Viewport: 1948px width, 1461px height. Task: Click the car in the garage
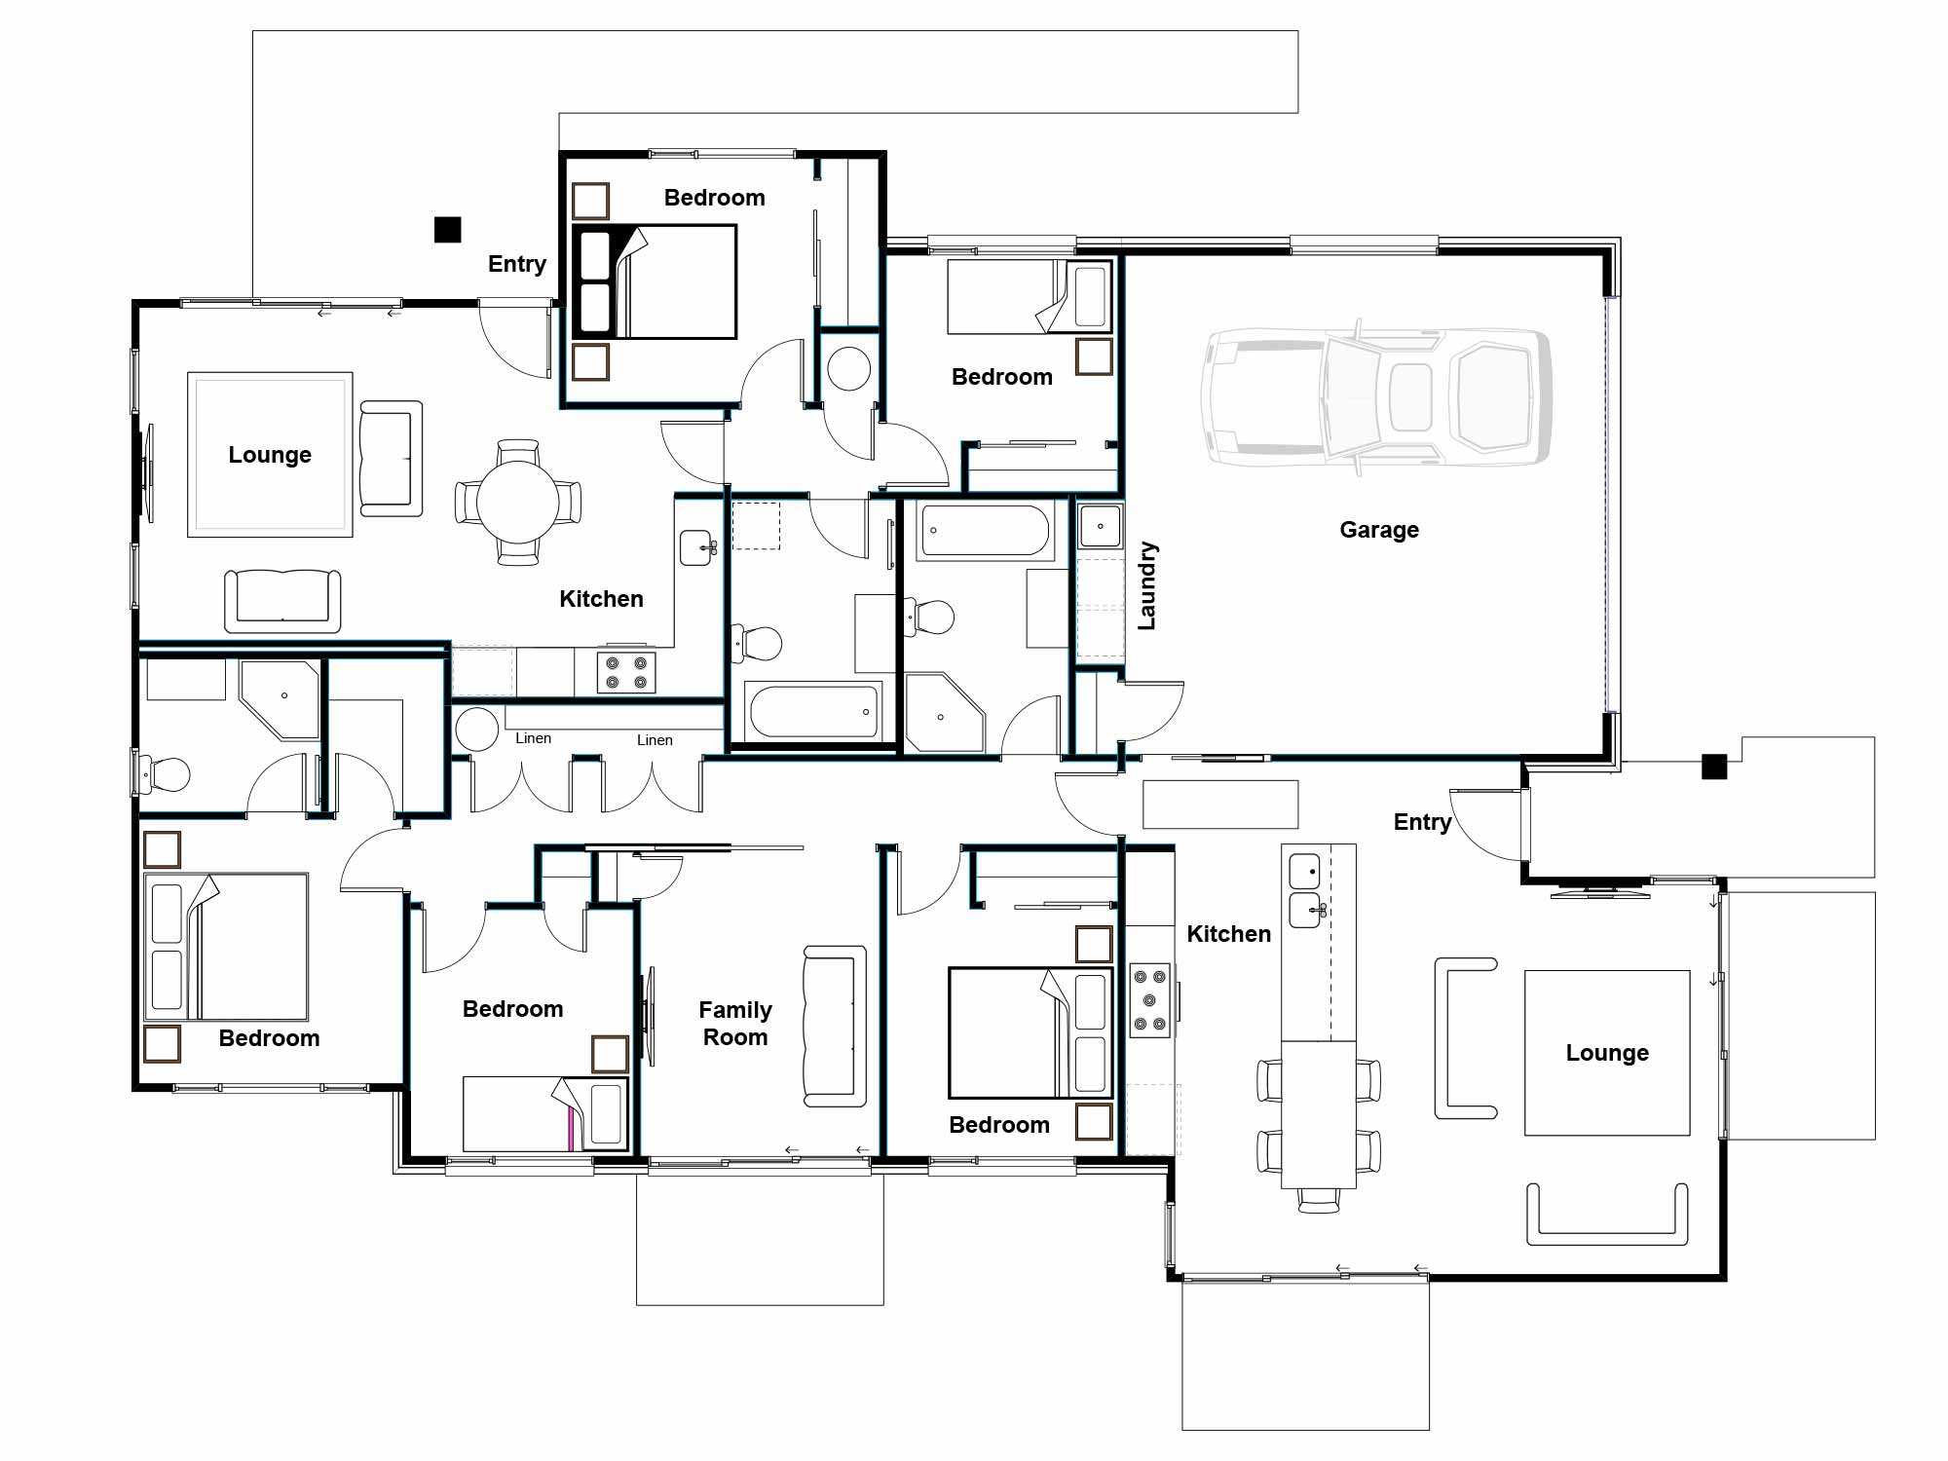tap(1375, 397)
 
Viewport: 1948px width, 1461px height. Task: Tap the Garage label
tap(1378, 530)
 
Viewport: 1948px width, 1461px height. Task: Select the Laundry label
tap(1147, 585)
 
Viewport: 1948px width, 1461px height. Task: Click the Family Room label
tap(735, 1024)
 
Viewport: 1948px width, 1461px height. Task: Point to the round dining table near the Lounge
tap(517, 503)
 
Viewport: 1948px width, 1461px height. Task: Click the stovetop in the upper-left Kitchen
tap(626, 672)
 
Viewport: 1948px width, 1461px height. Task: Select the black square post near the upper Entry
tap(447, 230)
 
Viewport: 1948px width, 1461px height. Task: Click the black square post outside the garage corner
tap(1714, 767)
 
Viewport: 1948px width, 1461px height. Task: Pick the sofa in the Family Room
tap(835, 1026)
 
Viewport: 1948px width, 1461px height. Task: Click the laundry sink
tap(1101, 527)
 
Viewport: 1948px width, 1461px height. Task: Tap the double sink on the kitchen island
tap(1305, 890)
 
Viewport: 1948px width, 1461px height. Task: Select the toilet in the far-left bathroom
tap(164, 775)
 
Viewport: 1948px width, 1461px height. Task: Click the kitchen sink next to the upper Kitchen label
tap(696, 547)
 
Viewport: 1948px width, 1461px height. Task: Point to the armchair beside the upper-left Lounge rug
tap(391, 458)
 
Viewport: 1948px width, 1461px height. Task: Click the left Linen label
tap(533, 738)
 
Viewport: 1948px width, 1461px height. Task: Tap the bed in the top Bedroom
tap(654, 281)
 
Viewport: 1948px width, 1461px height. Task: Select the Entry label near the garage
tap(1422, 822)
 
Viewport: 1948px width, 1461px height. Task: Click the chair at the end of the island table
tap(1319, 1200)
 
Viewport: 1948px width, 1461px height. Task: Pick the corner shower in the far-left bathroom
tap(280, 699)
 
